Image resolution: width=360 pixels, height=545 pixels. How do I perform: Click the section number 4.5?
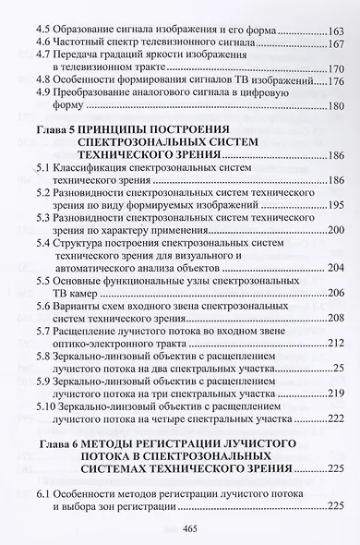click(42, 30)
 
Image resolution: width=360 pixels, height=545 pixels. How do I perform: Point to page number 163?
click(329, 30)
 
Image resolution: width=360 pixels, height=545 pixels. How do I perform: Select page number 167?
click(329, 43)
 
